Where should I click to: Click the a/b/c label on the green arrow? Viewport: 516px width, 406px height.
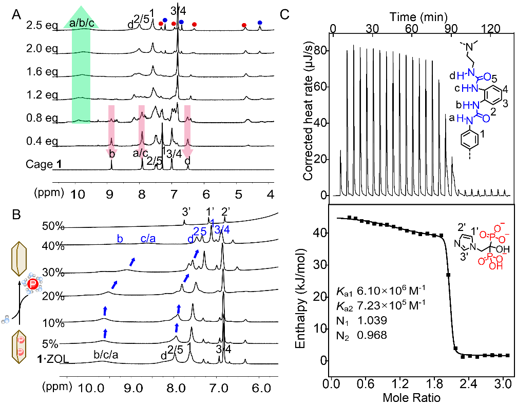tap(81, 23)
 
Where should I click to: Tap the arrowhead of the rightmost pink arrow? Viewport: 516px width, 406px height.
tap(187, 153)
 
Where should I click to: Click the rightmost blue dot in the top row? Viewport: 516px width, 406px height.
tap(260, 23)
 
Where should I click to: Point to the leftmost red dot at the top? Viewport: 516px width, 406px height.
tap(161, 24)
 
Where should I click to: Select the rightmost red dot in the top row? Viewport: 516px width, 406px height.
tap(244, 25)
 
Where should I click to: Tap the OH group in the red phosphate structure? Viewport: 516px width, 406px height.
tap(496, 266)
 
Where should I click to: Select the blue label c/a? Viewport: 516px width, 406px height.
tap(148, 239)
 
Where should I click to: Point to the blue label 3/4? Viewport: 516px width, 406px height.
tap(222, 230)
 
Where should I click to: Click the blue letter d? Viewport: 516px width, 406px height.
tap(190, 239)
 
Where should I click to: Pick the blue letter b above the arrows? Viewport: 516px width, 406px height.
tap(120, 239)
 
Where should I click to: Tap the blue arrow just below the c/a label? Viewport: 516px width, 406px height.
tap(133, 261)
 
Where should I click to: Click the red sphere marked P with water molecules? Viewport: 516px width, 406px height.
tap(33, 284)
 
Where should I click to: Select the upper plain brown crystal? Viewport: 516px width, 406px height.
tap(19, 259)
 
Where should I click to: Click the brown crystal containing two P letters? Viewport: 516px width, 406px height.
tap(19, 346)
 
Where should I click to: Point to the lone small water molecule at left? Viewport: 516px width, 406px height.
tap(6, 320)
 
